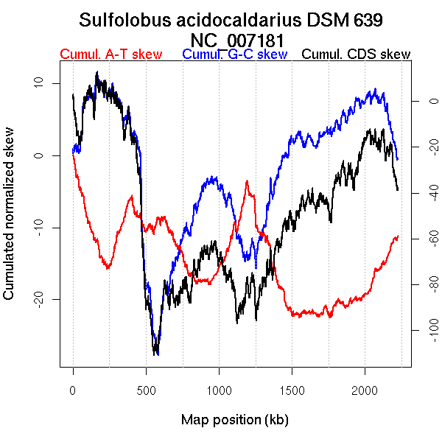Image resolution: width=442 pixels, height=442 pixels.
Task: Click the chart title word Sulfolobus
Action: (x=123, y=21)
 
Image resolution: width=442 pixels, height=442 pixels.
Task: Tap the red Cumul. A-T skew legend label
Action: (x=110, y=55)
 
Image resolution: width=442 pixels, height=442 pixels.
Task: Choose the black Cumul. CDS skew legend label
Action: (x=357, y=55)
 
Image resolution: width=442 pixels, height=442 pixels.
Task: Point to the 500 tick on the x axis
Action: (x=146, y=390)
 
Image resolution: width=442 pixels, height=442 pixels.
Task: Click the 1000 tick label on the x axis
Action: (x=219, y=390)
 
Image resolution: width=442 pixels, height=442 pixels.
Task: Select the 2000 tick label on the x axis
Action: (x=365, y=390)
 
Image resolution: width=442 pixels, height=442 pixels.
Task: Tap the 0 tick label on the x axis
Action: (x=73, y=390)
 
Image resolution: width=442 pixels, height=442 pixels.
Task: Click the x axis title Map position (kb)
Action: (x=234, y=420)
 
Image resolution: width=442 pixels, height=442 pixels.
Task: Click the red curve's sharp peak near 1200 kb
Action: (x=247, y=180)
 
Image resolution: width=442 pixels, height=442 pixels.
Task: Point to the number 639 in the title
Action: (x=368, y=21)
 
